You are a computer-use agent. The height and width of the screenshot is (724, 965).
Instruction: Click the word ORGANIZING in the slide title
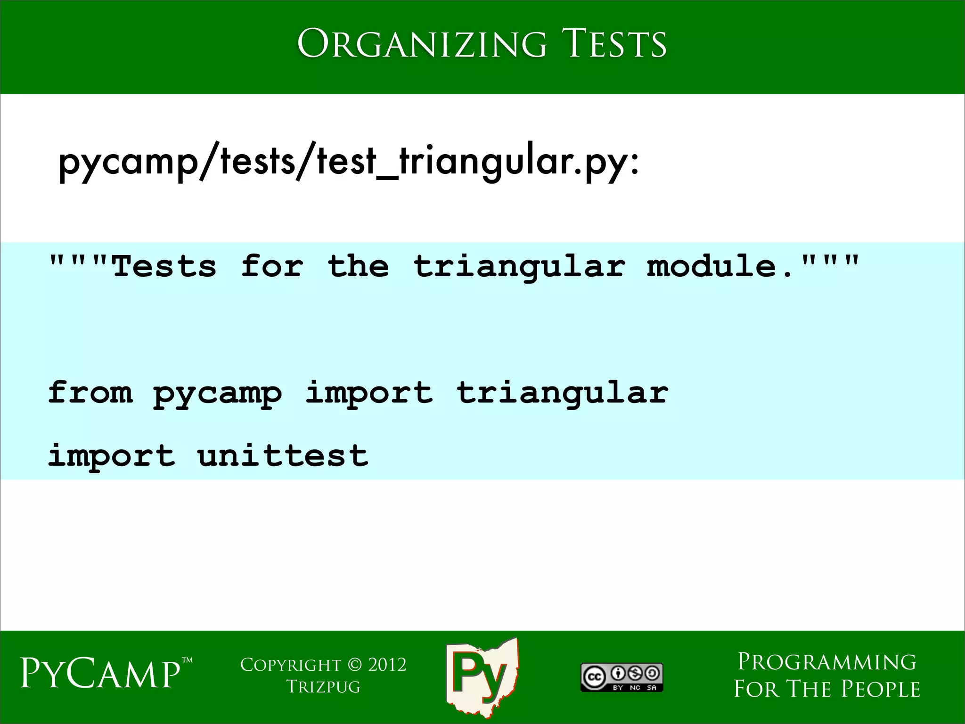422,44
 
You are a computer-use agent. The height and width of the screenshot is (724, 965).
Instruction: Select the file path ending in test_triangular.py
349,162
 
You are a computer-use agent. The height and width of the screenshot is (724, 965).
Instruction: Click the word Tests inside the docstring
164,266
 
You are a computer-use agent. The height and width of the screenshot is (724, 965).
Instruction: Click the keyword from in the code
90,392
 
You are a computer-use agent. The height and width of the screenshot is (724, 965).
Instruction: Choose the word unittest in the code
283,455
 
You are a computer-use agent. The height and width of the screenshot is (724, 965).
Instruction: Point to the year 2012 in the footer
387,665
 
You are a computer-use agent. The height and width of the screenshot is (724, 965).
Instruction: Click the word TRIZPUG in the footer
323,687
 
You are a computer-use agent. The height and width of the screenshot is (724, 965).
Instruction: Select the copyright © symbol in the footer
354,665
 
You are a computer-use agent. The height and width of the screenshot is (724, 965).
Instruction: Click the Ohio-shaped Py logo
482,676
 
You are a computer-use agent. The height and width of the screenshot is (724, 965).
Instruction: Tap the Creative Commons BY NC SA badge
622,677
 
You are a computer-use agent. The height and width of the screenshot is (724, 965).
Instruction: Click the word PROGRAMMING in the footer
826,662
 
